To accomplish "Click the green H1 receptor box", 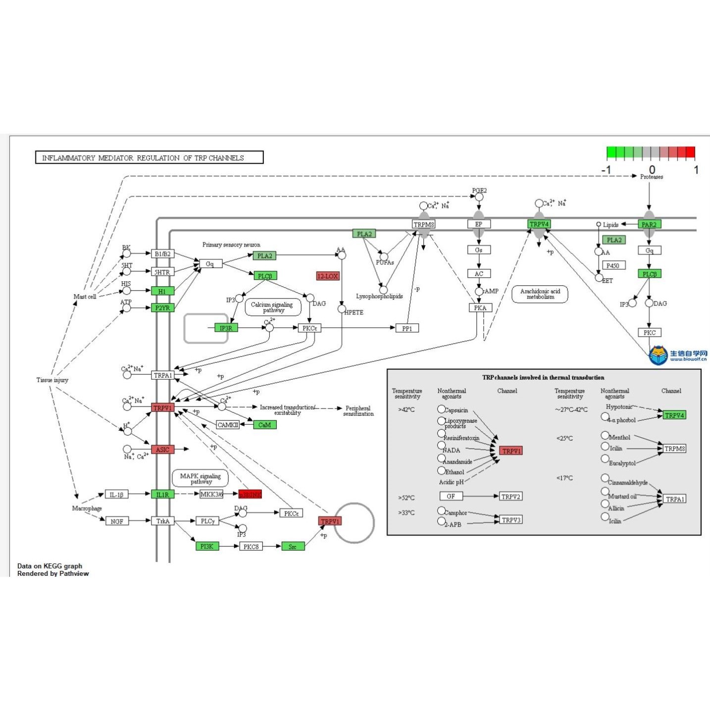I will [x=162, y=291].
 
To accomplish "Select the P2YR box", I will [x=162, y=308].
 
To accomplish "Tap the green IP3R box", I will [x=226, y=328].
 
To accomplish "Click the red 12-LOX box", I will [x=328, y=276].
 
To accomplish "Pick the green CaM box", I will [x=265, y=425].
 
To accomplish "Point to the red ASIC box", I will [x=162, y=450].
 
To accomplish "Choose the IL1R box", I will [x=162, y=494].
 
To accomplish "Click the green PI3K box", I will [x=207, y=546].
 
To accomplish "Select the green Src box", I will [x=293, y=547].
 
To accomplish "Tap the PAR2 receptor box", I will [x=649, y=224].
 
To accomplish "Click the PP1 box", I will [x=407, y=328].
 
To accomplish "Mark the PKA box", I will [x=480, y=308].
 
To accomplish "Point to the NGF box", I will [x=117, y=521].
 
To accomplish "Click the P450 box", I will [x=613, y=265].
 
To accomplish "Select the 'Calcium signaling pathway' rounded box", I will [x=273, y=307].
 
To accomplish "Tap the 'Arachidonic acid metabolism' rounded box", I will [x=540, y=294].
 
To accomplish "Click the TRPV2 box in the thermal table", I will [x=511, y=496].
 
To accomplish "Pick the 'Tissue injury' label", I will [x=52, y=380].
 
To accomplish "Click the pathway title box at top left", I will [x=149, y=157].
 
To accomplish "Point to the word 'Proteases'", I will [x=652, y=177].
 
